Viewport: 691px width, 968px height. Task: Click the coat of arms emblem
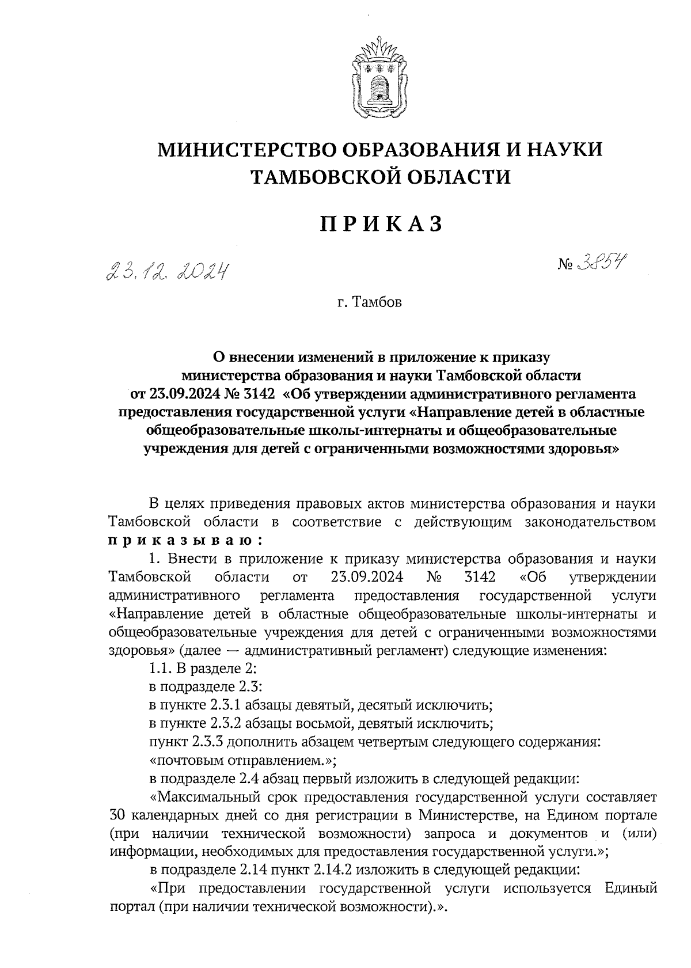[379, 76]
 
